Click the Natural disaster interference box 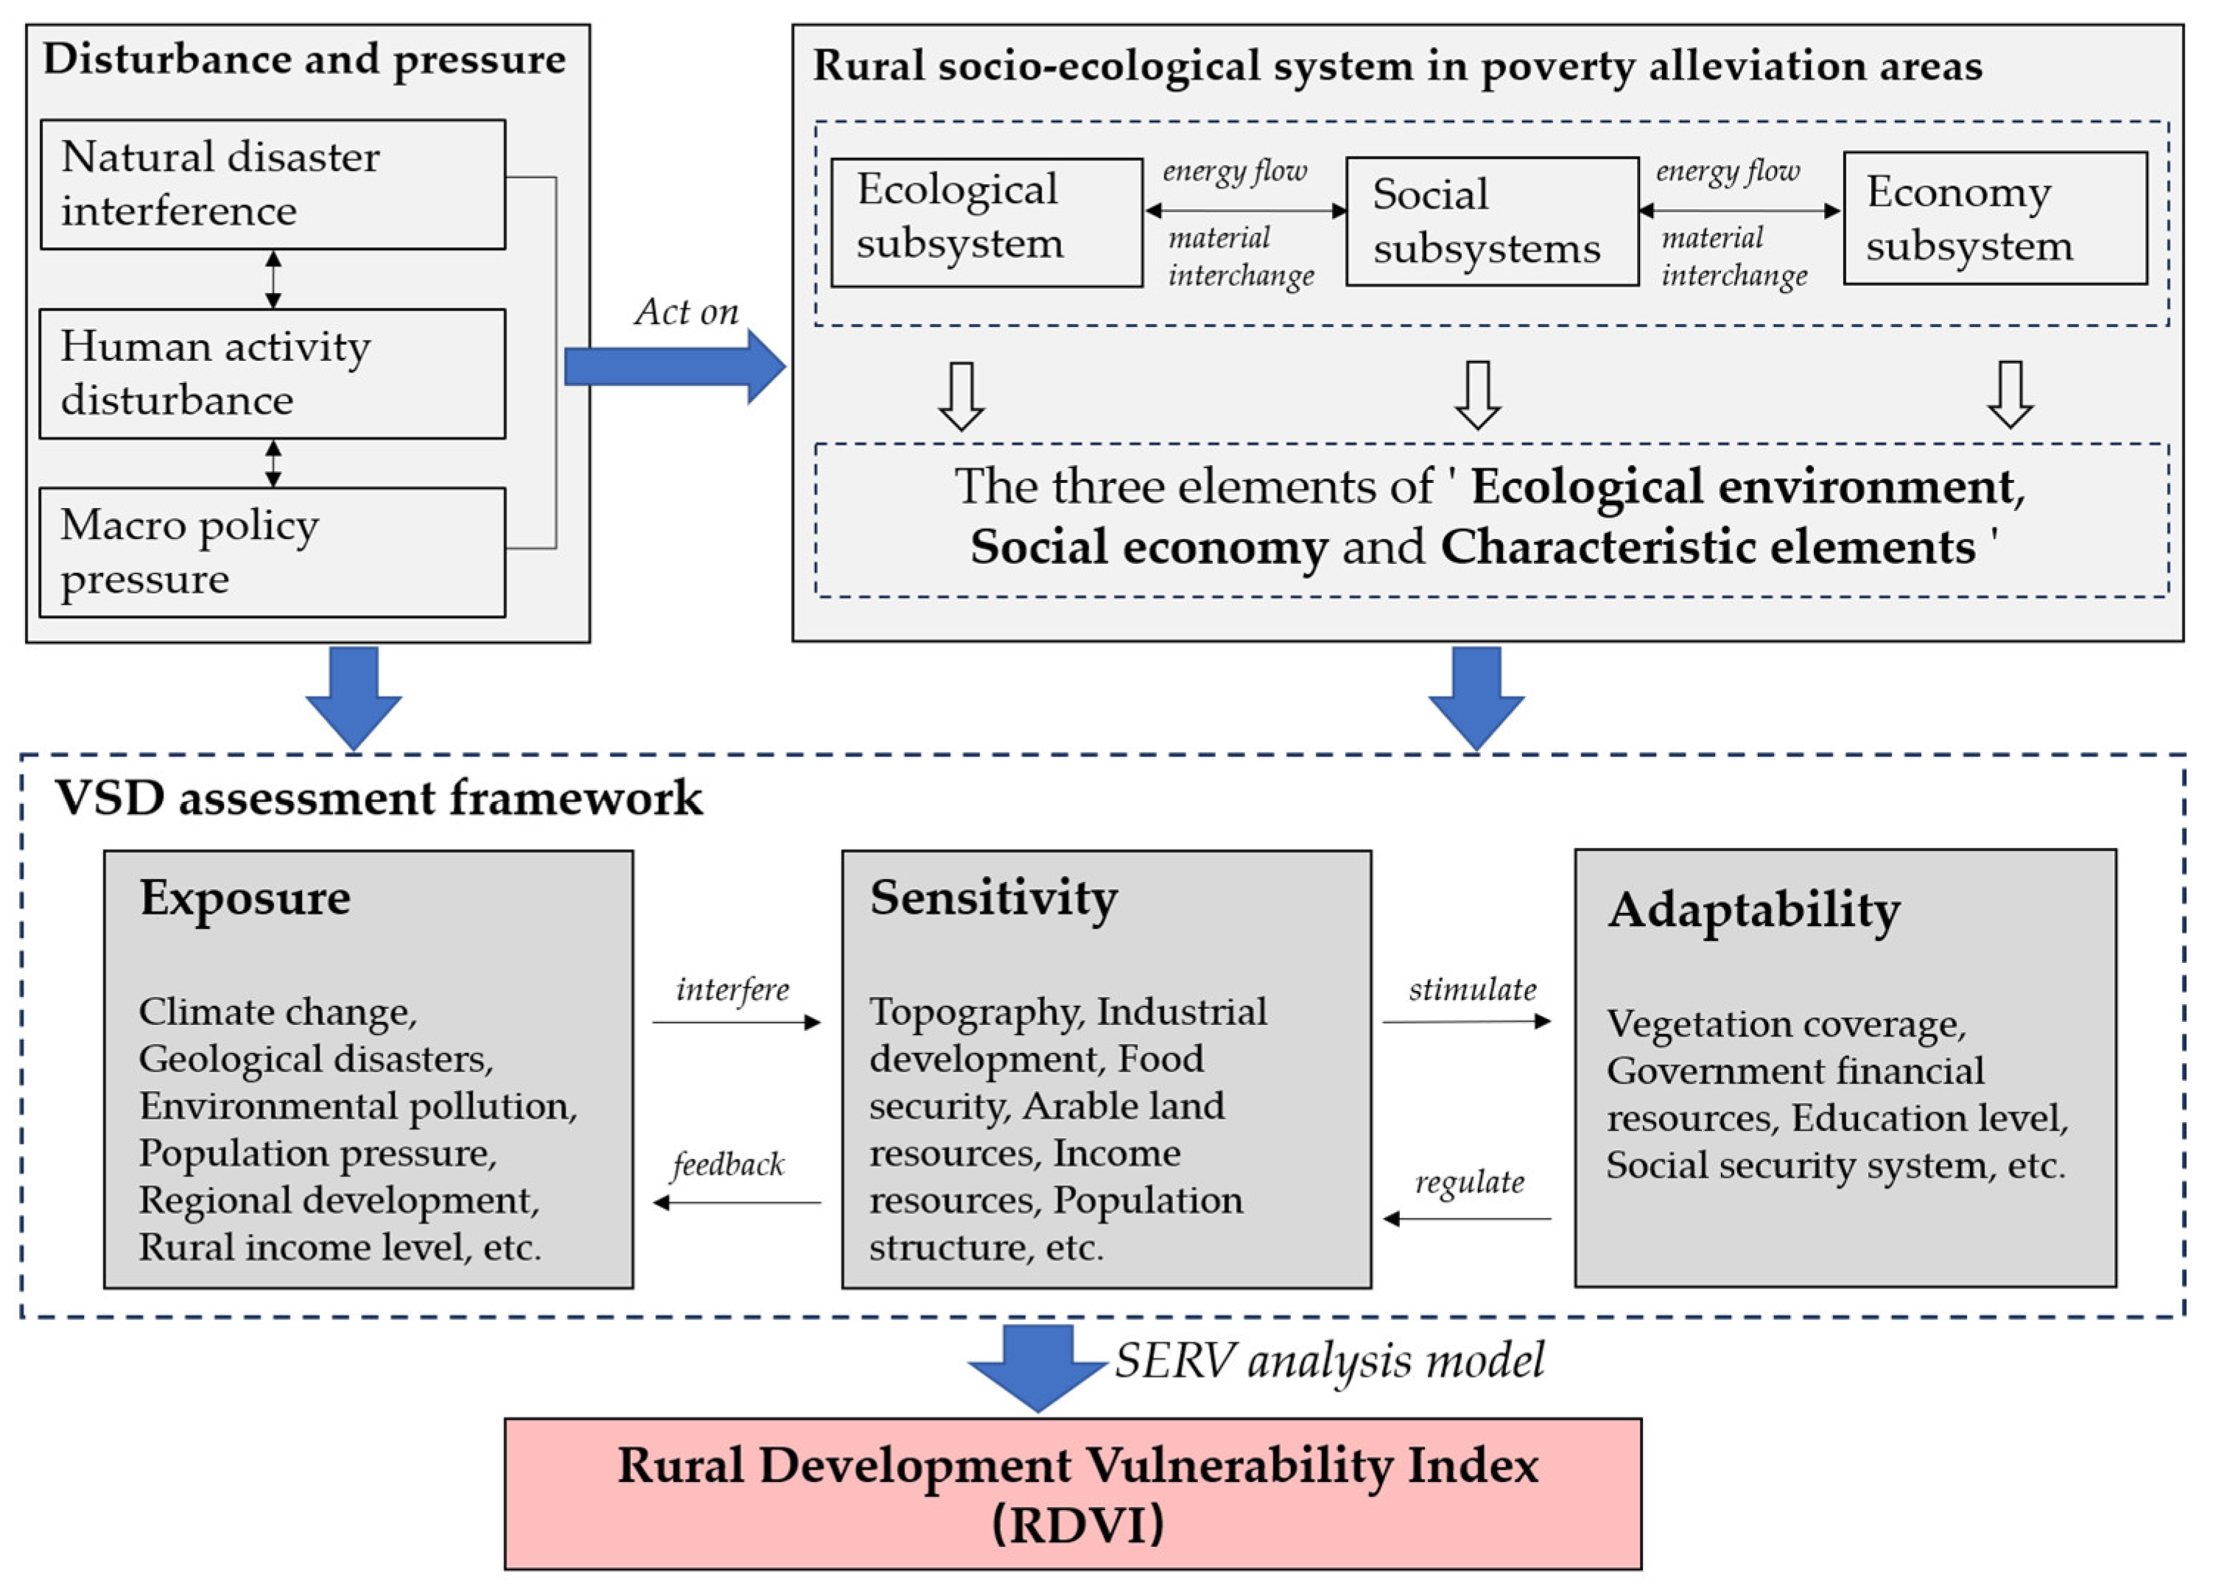point(272,184)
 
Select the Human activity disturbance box point(272,373)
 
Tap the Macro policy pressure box point(272,552)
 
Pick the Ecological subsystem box point(986,222)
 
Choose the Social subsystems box point(1491,222)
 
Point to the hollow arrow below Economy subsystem point(2010,395)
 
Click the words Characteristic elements point(1707,547)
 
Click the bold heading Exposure point(244,897)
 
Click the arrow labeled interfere point(736,1022)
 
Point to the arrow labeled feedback point(736,1202)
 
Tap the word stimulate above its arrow point(1472,990)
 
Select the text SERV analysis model point(1329,1361)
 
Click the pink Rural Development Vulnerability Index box point(1072,1493)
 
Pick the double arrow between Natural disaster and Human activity point(273,279)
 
